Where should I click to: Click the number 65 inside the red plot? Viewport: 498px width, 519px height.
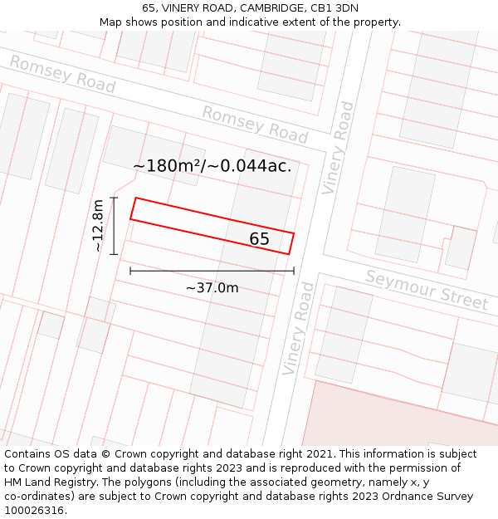click(x=259, y=239)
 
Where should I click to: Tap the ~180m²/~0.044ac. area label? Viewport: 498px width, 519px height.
click(x=212, y=166)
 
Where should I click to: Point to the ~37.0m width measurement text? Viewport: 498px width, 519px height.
click(x=212, y=288)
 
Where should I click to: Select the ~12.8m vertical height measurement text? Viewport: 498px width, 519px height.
click(x=98, y=225)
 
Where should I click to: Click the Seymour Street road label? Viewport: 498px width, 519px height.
click(x=427, y=290)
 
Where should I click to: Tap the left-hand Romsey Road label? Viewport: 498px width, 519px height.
click(x=62, y=74)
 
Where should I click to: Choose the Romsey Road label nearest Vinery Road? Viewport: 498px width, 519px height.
click(x=255, y=125)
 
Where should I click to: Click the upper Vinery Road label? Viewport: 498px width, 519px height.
click(x=339, y=148)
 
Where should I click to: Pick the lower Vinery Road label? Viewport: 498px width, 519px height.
click(x=299, y=328)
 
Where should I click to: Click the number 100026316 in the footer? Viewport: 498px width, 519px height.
click(x=35, y=511)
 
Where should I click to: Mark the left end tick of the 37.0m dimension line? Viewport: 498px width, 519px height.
click(x=130, y=271)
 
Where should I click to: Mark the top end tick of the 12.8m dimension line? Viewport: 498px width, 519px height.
click(x=114, y=198)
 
